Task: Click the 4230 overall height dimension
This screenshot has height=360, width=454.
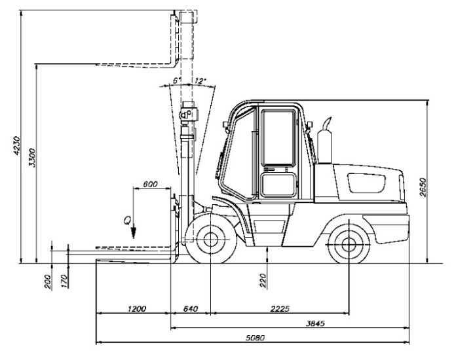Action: click(x=17, y=145)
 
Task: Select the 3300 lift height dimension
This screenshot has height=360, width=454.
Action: click(x=32, y=158)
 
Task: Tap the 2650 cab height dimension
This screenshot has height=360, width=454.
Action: click(x=423, y=187)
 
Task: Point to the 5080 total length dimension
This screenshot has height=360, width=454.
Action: click(x=255, y=338)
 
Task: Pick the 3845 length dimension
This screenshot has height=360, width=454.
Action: click(x=315, y=323)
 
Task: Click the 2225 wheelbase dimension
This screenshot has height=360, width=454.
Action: click(x=280, y=309)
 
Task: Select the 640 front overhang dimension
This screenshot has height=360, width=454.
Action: click(x=191, y=309)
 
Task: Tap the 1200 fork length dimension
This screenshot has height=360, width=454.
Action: click(x=137, y=309)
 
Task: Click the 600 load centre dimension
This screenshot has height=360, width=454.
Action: click(x=151, y=184)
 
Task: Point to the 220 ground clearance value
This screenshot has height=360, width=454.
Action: click(x=263, y=280)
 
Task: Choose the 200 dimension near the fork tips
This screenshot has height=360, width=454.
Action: click(x=48, y=281)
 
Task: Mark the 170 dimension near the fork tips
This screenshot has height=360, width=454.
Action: click(x=65, y=281)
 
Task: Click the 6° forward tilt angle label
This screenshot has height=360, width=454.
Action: click(x=177, y=81)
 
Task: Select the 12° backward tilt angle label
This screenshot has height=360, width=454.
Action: click(x=200, y=81)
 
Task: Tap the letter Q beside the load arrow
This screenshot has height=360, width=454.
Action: click(x=127, y=221)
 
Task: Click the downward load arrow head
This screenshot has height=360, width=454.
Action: click(x=134, y=233)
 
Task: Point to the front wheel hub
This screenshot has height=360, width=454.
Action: click(x=210, y=239)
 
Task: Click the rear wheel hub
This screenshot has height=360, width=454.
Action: click(x=349, y=245)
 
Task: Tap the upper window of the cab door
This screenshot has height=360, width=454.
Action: click(x=278, y=137)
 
